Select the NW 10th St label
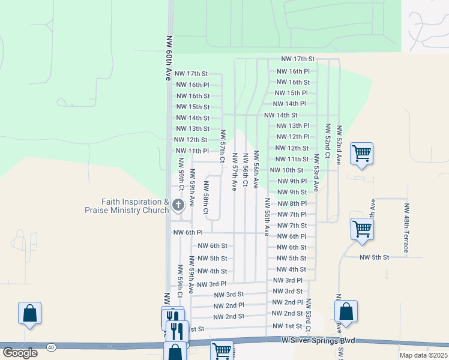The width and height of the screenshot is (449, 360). pyautogui.click(x=286, y=170)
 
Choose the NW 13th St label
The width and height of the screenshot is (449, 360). pyautogui.click(x=192, y=129)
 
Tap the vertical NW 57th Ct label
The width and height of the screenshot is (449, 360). pyautogui.click(x=222, y=146)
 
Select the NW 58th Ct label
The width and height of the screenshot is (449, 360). pyautogui.click(x=205, y=199)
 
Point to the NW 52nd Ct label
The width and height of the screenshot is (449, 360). pyautogui.click(x=328, y=141)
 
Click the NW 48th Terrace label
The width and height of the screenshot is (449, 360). pyautogui.click(x=406, y=220)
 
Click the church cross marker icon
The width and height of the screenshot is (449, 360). pyautogui.click(x=178, y=205)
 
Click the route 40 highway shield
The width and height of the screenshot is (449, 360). pyautogui.click(x=52, y=347)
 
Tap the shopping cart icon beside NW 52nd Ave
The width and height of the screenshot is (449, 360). pyautogui.click(x=361, y=154)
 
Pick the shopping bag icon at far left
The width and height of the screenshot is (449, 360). pyautogui.click(x=29, y=313)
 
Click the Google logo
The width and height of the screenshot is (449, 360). pyautogui.click(x=20, y=353)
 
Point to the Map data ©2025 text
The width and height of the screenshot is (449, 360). pyautogui.click(x=423, y=355)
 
